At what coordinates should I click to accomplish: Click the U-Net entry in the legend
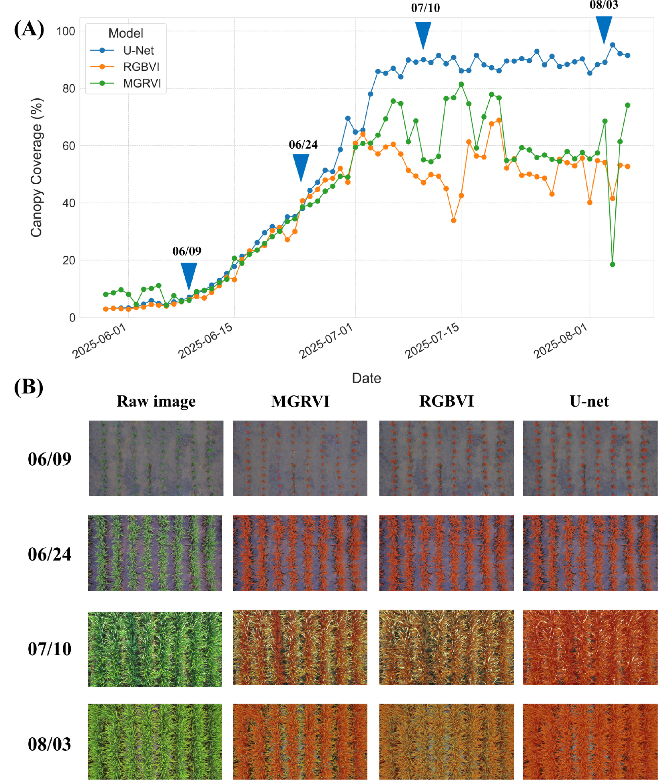pyautogui.click(x=138, y=51)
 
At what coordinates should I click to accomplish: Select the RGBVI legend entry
pyautogui.click(x=141, y=67)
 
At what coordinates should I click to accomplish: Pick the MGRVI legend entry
pyautogui.click(x=142, y=84)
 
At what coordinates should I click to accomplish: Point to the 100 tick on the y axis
pyautogui.click(x=66, y=31)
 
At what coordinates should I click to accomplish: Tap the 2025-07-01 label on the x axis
pyautogui.click(x=326, y=341)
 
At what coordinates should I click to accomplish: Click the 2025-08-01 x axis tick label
pyautogui.click(x=560, y=341)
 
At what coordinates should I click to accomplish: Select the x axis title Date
pyautogui.click(x=366, y=378)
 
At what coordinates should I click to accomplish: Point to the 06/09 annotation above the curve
pyautogui.click(x=187, y=251)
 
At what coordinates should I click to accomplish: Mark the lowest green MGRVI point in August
pyautogui.click(x=612, y=264)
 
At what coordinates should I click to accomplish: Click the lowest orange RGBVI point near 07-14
pyautogui.click(x=453, y=220)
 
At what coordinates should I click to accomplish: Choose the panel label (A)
pyautogui.click(x=29, y=29)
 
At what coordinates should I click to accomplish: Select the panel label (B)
pyautogui.click(x=28, y=387)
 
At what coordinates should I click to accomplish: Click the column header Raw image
pyautogui.click(x=156, y=401)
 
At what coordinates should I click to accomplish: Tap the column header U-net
pyautogui.click(x=589, y=401)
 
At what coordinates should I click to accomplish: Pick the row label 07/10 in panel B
pyautogui.click(x=50, y=649)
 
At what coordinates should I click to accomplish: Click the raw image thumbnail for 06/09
pyautogui.click(x=156, y=458)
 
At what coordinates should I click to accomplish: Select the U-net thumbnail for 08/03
pyautogui.click(x=590, y=742)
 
